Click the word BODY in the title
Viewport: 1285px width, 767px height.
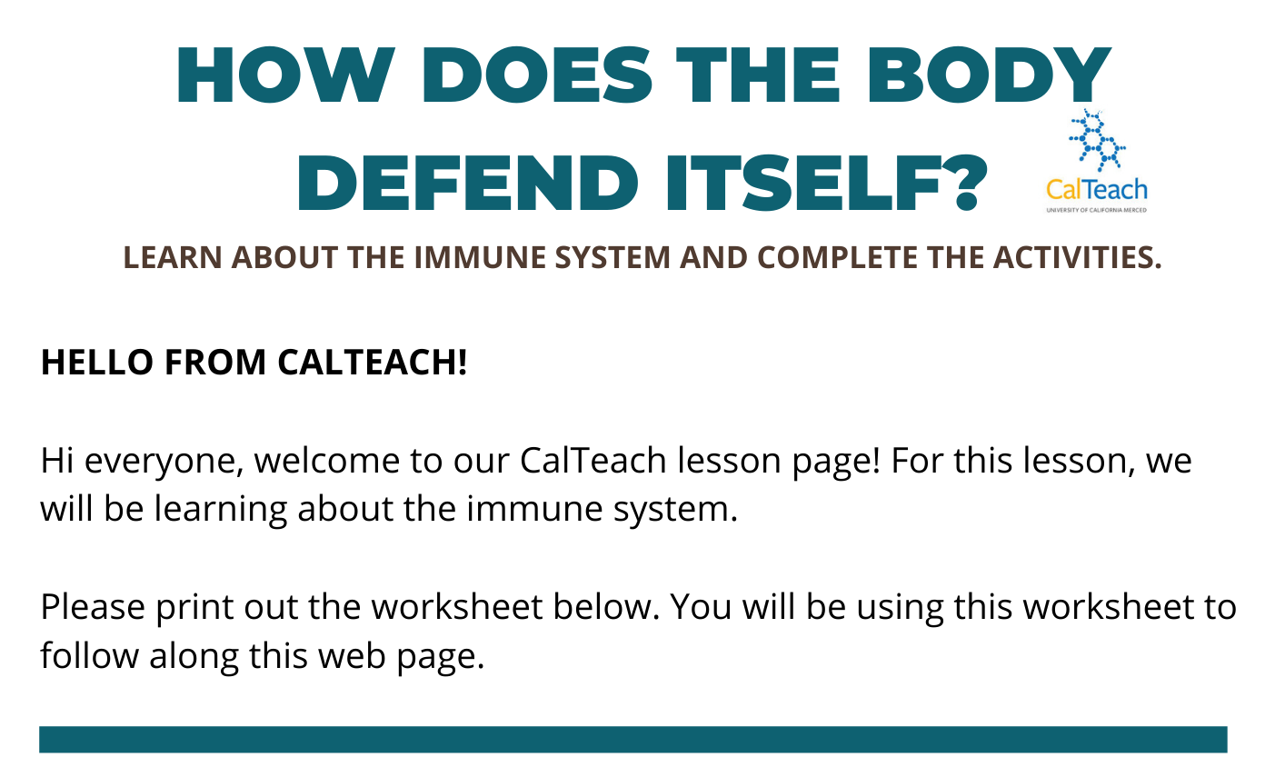pyautogui.click(x=988, y=75)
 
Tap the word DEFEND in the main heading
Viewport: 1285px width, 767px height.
pyautogui.click(x=466, y=183)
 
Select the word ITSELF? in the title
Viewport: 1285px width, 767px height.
pyautogui.click(x=826, y=183)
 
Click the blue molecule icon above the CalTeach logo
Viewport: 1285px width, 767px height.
pyautogui.click(x=1097, y=141)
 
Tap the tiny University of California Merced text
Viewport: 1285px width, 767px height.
pyautogui.click(x=1096, y=210)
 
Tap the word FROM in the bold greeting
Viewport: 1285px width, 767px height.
pyautogui.click(x=215, y=363)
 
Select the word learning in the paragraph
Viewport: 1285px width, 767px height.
pyautogui.click(x=221, y=510)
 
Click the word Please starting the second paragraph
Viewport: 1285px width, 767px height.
pyautogui.click(x=93, y=607)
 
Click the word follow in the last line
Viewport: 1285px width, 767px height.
pyautogui.click(x=89, y=655)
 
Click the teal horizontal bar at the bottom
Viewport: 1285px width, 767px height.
pyautogui.click(x=633, y=739)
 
